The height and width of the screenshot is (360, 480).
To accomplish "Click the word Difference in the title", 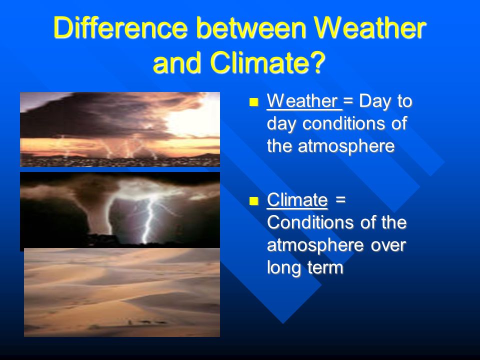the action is click(120, 27).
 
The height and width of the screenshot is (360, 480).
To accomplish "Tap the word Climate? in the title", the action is click(268, 62).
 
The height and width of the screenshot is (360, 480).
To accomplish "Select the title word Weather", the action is click(370, 27).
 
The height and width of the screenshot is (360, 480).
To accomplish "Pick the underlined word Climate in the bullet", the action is click(297, 200).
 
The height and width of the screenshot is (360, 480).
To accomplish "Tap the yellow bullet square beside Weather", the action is click(254, 102).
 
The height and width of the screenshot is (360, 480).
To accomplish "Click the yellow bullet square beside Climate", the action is click(254, 201).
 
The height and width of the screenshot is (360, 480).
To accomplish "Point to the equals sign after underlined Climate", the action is click(340, 200).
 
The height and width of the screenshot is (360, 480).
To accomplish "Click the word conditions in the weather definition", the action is click(344, 123).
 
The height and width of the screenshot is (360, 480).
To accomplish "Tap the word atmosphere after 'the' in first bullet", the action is click(346, 146).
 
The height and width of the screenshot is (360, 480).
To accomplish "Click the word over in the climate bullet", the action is click(388, 245).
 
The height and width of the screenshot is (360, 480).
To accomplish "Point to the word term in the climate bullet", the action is click(325, 267).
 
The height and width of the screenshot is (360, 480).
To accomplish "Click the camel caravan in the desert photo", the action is click(147, 322).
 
